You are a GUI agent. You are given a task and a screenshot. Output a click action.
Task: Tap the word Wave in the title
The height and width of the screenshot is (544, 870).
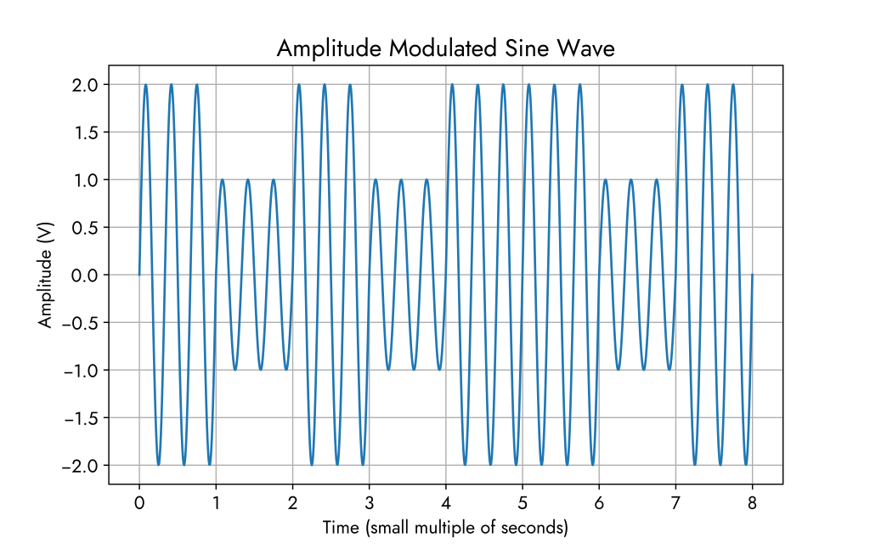coord(586,49)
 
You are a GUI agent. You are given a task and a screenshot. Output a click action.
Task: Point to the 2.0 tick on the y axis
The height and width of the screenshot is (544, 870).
coord(85,85)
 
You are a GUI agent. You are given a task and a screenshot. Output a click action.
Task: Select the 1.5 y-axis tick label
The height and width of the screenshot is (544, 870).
coord(85,133)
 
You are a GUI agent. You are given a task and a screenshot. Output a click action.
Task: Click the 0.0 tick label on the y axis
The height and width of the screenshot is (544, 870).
coord(85,275)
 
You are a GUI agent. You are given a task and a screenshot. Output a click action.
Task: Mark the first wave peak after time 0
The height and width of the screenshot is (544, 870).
coord(146,85)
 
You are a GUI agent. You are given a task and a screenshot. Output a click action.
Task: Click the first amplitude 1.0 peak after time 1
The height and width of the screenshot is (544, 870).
coord(223,180)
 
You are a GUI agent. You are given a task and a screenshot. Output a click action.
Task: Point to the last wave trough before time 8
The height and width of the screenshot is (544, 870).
coord(746,465)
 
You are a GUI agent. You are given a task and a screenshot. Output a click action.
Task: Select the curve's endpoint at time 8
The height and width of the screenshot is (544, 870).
coord(753,275)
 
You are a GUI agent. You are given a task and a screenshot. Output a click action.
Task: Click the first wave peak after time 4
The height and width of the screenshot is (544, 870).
coord(452,85)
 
